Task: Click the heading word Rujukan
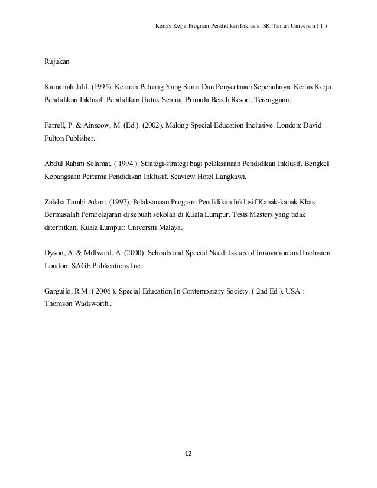click(x=56, y=61)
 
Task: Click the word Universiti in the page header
click(x=304, y=27)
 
